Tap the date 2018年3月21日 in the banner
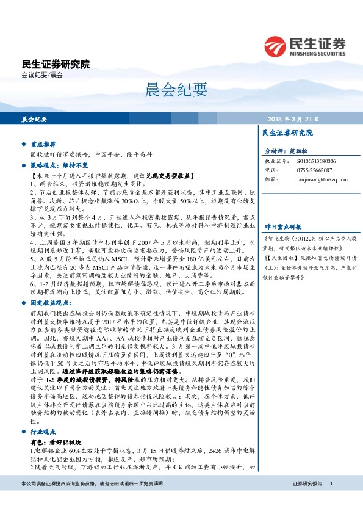tap(293, 119)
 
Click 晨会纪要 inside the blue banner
tap(35, 119)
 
